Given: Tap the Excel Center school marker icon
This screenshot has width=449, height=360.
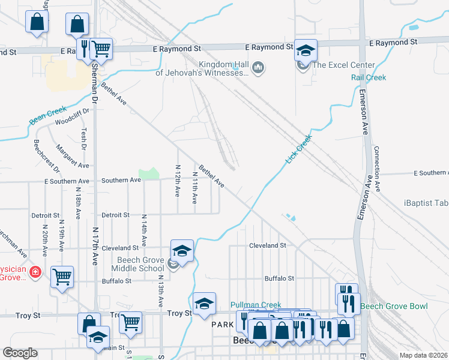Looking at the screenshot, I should click(305, 52).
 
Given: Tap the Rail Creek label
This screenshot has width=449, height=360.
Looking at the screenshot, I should click(369, 77).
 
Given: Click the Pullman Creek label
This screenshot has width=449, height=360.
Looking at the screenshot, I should click(256, 305).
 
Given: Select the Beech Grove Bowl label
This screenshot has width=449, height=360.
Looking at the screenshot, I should click(394, 307).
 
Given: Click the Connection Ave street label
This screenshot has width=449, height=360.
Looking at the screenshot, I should click(377, 169).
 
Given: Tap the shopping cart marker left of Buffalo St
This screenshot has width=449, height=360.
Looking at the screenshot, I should click(62, 277).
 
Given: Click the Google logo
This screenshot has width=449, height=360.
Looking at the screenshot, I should click(20, 353).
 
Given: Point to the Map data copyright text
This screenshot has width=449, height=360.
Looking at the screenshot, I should click(424, 355).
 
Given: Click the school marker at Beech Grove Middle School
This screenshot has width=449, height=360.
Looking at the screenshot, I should click(182, 251).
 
